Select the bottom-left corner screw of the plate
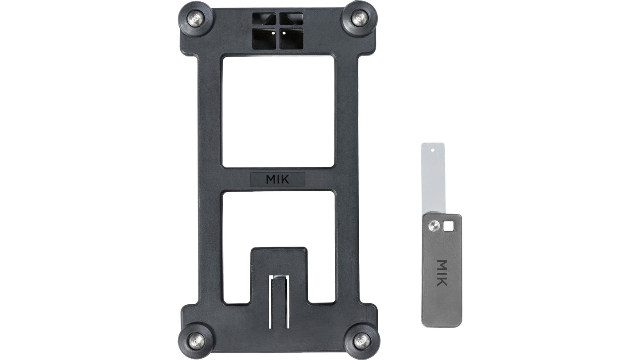(196, 340)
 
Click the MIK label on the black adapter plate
(278, 179)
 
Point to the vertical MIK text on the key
(441, 273)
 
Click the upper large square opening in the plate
(278, 111)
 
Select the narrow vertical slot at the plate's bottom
(279, 301)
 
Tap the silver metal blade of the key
(433, 177)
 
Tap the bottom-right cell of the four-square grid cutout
(291, 38)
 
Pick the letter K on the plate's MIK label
(286, 179)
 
